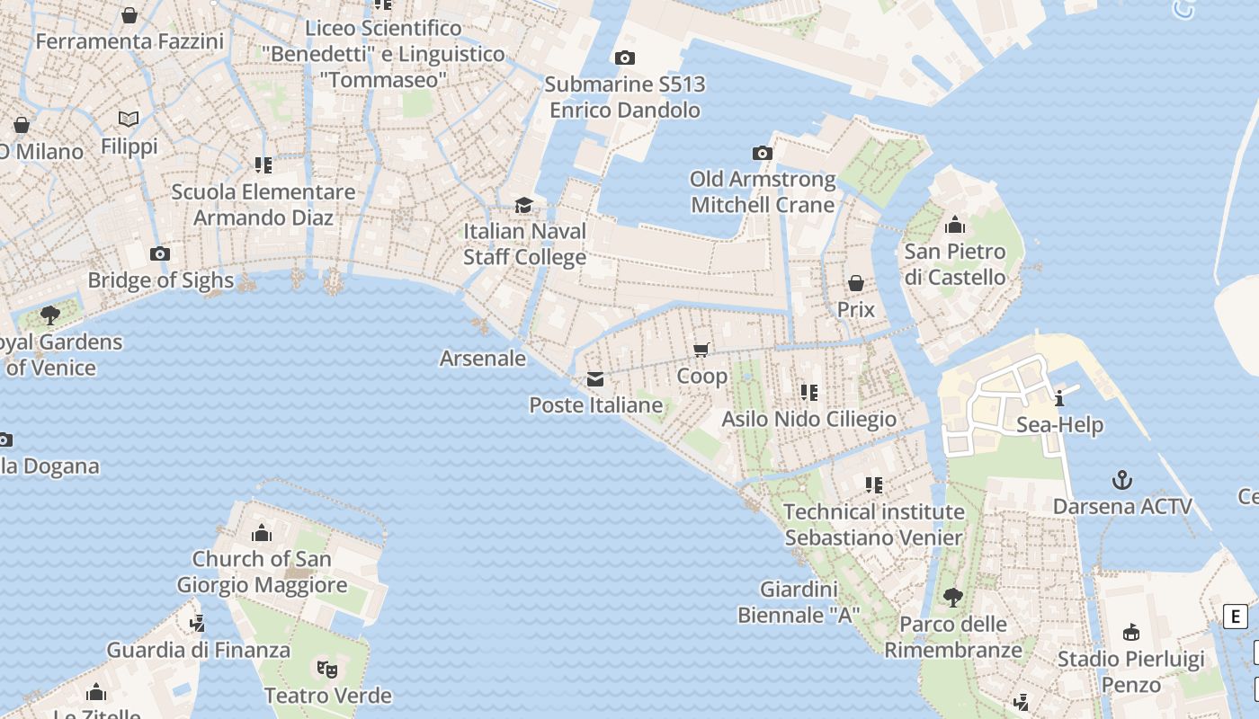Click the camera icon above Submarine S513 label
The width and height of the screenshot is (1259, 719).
coord(624,58)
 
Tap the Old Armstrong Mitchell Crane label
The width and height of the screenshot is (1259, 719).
coord(763,192)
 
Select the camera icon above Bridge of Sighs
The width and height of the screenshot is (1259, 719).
coord(160,254)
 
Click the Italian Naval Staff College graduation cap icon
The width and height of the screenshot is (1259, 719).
coord(523,206)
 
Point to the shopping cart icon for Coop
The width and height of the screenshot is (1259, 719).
coord(701,350)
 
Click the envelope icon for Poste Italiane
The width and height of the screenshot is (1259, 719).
coord(595,379)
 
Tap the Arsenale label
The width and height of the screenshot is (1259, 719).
coord(483,359)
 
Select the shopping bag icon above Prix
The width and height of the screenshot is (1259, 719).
coord(856,284)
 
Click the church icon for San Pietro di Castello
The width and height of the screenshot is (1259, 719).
coord(955,225)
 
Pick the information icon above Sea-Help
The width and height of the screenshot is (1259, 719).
coord(1059,398)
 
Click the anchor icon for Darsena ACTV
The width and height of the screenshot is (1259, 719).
coord(1122,480)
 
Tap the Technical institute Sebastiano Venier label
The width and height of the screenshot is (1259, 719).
coord(873,525)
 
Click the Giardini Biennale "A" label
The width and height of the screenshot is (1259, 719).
coord(799,603)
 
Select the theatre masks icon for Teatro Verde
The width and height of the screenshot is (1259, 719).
coord(327,669)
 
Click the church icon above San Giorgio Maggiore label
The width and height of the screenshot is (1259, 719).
coord(262,533)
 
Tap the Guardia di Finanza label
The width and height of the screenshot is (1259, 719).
coord(199,650)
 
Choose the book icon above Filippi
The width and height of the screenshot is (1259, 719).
coord(129,119)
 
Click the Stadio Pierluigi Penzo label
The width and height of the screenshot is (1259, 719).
coord(1130,672)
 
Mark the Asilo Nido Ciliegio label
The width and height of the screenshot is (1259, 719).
coord(808,420)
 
